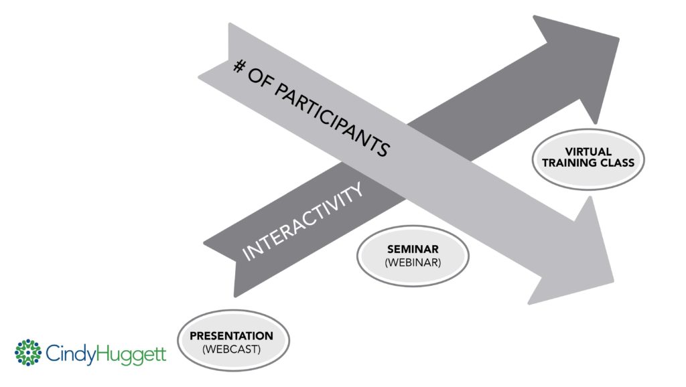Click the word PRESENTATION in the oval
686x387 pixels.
231,335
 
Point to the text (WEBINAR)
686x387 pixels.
413,262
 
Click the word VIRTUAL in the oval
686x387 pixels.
588,152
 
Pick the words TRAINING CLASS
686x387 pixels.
588,163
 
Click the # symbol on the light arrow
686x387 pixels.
239,66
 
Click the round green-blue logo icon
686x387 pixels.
28,353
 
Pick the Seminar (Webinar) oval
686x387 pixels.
413,255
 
